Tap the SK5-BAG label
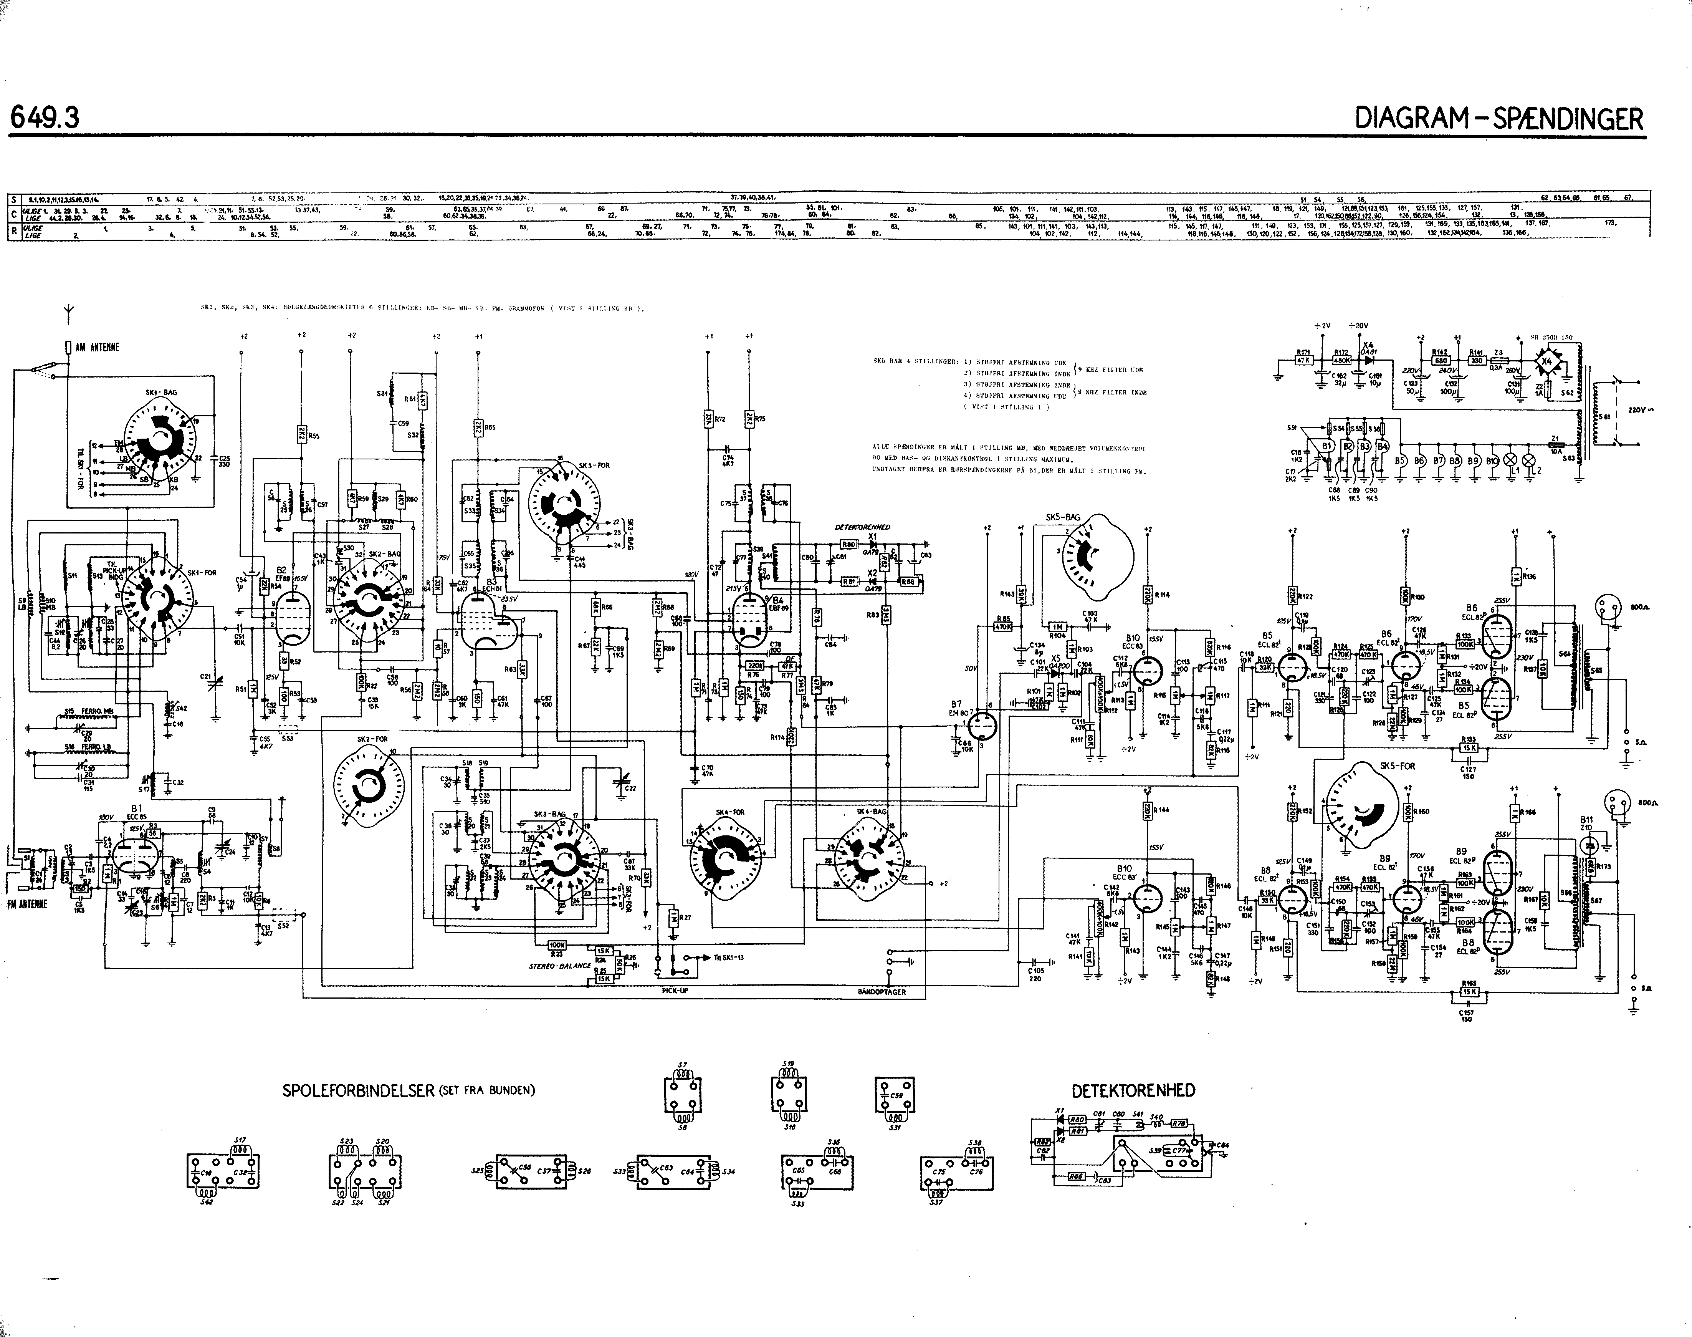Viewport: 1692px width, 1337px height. point(1063,517)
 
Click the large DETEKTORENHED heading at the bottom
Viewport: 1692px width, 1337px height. point(1133,1090)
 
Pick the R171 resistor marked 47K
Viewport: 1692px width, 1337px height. point(1304,360)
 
